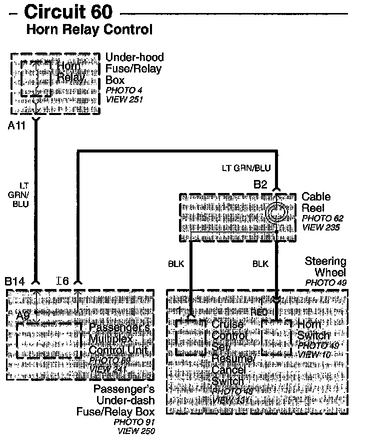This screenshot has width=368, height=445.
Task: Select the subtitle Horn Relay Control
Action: tap(89, 29)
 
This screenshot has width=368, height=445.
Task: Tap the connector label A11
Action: tap(16, 126)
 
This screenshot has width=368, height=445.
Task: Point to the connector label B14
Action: tap(15, 282)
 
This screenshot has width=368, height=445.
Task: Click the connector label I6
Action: tap(62, 282)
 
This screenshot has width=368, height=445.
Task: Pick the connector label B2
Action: tap(260, 184)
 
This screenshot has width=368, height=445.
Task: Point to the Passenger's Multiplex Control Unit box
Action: tap(48, 341)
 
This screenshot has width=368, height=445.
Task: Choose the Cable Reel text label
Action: tap(313, 202)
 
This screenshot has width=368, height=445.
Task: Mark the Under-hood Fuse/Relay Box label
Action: tap(134, 68)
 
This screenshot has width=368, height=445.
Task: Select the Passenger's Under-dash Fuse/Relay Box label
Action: tap(123, 400)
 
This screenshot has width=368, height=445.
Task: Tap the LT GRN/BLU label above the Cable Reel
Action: tap(246, 168)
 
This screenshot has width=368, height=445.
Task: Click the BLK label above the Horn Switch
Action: tap(260, 264)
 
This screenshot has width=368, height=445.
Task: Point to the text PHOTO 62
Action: tap(322, 218)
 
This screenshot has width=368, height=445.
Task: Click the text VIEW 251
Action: tap(124, 99)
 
